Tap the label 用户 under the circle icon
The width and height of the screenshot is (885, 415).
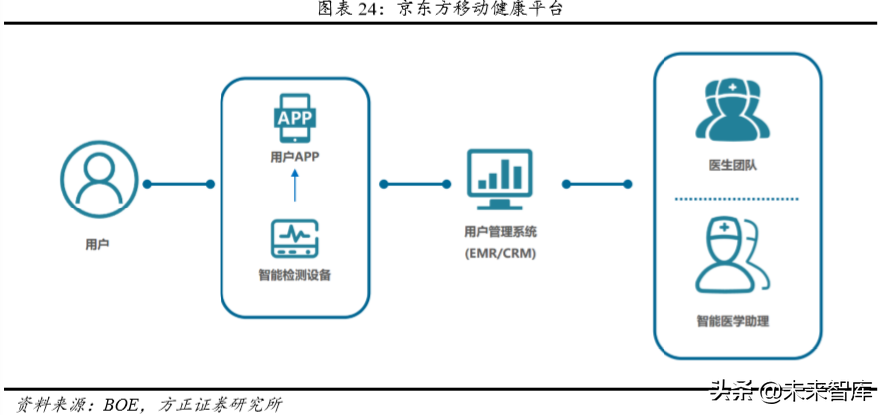[x=97, y=243]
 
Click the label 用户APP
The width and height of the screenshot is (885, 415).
[x=295, y=156]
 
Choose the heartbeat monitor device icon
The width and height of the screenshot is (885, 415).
[x=295, y=239]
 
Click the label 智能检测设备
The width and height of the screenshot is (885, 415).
[x=295, y=275]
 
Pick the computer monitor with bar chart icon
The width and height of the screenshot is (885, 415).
[x=500, y=181]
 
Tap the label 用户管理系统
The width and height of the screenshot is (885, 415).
[x=500, y=232]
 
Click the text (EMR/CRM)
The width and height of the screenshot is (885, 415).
[x=500, y=255]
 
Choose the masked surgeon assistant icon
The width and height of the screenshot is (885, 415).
[x=736, y=255]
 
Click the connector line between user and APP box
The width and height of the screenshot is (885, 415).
[x=179, y=184]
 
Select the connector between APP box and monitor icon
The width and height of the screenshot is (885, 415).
[x=414, y=184]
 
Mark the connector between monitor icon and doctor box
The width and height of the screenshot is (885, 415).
[x=597, y=184]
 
